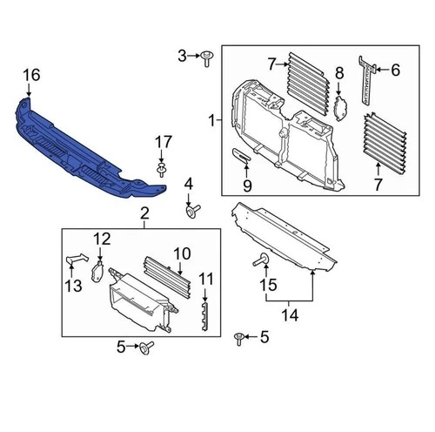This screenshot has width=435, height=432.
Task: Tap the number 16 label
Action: pos(32,78)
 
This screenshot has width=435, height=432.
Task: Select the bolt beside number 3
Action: pos(207,58)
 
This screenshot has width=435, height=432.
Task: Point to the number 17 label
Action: pos(164,141)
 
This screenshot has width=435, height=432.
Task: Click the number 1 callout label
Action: pos(211,118)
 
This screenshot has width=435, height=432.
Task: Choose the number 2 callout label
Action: pos(144,213)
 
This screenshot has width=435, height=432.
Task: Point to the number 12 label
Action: pos(103,238)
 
